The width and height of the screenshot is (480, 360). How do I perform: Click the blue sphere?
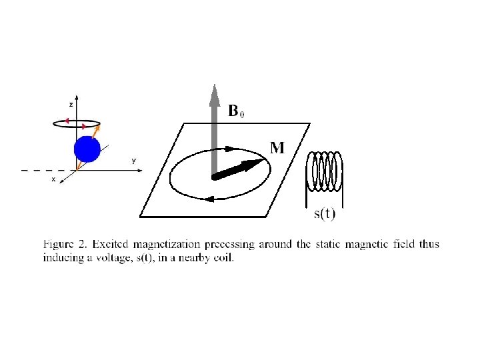click(87, 149)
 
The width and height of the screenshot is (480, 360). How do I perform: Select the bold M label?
click(277, 147)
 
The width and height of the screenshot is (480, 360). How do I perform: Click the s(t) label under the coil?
click(325, 214)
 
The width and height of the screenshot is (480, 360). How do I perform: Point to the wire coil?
click(324, 171)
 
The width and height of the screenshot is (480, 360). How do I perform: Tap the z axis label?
click(71, 105)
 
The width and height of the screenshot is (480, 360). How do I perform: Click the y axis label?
click(133, 161)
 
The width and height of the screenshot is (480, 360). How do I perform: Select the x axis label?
click(53, 180)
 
